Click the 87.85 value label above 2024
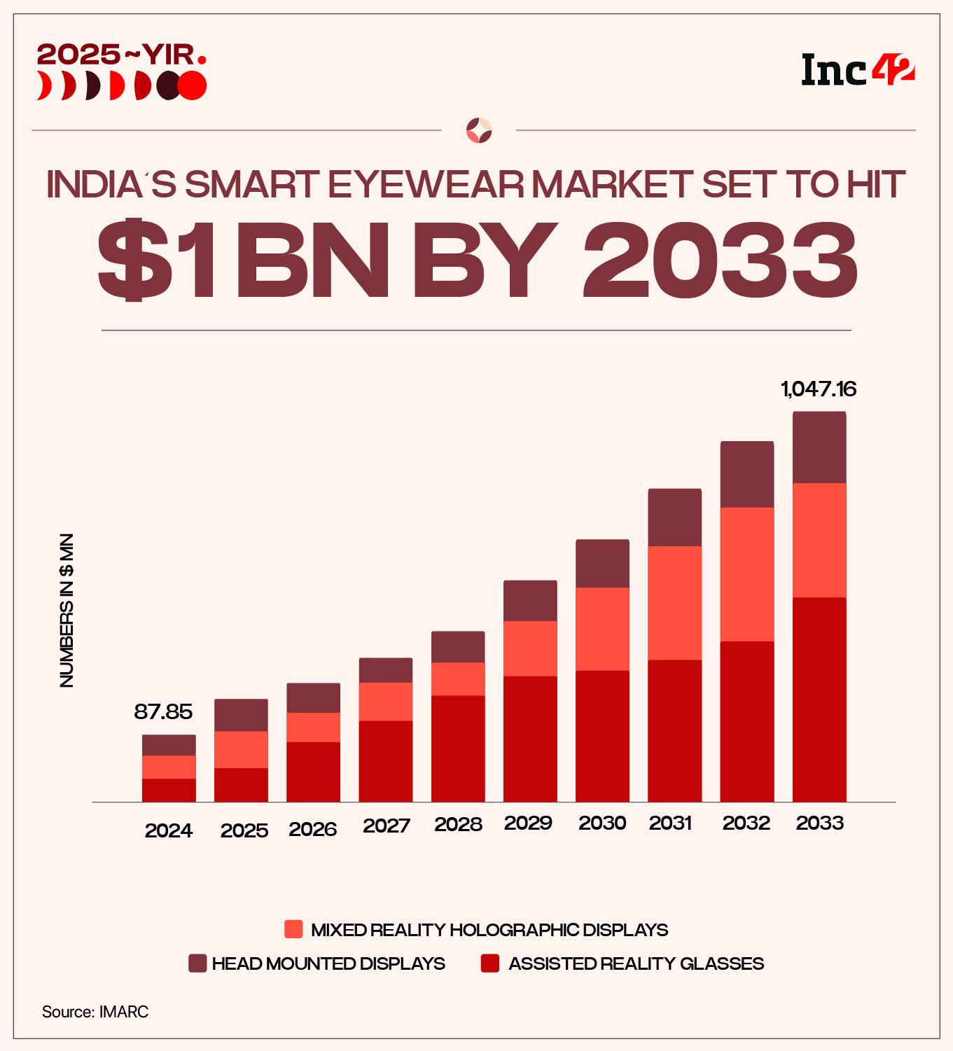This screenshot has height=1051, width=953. [163, 712]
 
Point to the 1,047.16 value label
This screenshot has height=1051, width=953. [819, 389]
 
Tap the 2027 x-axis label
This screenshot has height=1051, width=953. [386, 826]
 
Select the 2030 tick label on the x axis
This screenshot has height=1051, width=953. [602, 823]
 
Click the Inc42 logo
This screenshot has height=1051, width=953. [858, 70]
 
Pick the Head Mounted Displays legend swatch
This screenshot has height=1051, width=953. [197, 963]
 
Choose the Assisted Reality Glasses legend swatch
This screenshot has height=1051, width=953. [490, 963]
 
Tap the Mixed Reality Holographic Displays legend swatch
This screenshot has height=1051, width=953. [293, 930]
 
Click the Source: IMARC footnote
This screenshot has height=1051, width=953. [95, 1012]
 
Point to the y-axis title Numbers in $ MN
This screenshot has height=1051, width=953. [67, 611]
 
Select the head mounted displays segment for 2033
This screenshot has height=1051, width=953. [819, 447]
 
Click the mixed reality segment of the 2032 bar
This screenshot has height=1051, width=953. [746, 574]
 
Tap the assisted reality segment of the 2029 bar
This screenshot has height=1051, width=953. [530, 739]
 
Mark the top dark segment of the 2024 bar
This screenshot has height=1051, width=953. [169, 745]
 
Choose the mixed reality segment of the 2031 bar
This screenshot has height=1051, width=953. [674, 603]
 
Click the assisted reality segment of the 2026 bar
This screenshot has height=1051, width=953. [313, 772]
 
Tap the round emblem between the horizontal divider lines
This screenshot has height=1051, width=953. [479, 130]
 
